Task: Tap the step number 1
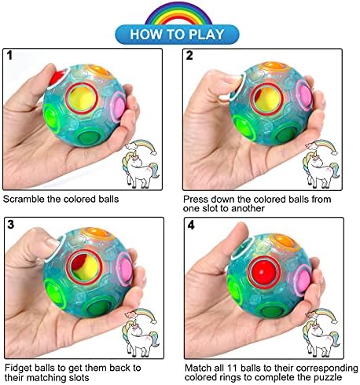pyautogui.click(x=9, y=55)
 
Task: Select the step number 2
pyautogui.click(x=189, y=55)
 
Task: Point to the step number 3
pyautogui.click(x=11, y=225)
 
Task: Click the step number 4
pyautogui.click(x=191, y=225)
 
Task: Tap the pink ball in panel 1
pyautogui.click(x=119, y=106)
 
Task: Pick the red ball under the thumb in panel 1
pyautogui.click(x=57, y=77)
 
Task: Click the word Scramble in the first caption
pyautogui.click(x=24, y=199)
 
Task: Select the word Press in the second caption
pyautogui.click(x=196, y=199)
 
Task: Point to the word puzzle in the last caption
pyautogui.click(x=329, y=377)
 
